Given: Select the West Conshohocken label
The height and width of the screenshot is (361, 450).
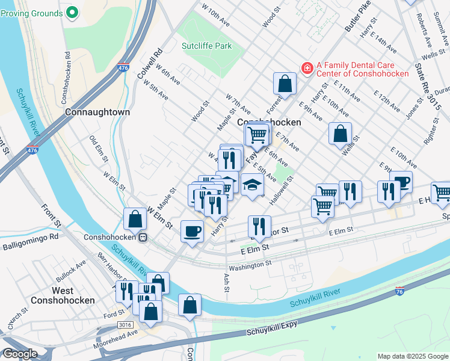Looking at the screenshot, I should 64,295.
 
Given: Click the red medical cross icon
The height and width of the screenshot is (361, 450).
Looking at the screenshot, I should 307,69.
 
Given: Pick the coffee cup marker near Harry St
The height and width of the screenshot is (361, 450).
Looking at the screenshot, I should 193,230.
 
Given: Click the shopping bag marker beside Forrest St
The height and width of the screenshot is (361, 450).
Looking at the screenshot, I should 285,84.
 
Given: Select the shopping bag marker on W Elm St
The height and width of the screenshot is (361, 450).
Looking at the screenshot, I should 135,219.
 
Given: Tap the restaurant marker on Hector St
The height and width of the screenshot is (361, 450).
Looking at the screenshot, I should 259,227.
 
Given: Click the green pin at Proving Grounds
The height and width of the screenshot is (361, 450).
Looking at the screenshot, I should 72,11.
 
